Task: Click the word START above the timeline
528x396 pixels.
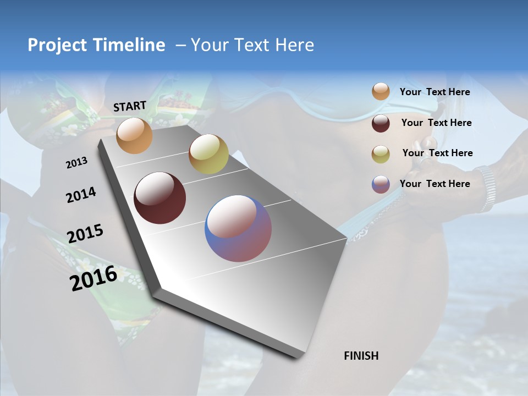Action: coord(130,106)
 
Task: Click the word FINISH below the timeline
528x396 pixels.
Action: coord(361,356)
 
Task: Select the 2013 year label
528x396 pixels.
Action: coord(76,163)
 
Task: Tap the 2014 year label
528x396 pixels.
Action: coord(81,195)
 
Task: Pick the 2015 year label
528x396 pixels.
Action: coord(85,234)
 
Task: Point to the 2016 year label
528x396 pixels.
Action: coord(94,278)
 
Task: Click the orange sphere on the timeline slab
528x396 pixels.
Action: coord(134,135)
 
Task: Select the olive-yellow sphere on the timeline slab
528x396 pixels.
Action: coord(208,154)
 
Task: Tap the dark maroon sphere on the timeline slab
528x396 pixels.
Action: coord(159,198)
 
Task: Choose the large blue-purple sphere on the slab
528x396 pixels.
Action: coord(238,228)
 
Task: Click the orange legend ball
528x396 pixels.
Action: coord(381,92)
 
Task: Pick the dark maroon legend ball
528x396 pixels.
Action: coord(381,123)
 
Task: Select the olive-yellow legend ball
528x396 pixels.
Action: coord(381,153)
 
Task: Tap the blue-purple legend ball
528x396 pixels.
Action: coord(381,184)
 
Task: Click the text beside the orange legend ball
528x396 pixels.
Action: coord(435,92)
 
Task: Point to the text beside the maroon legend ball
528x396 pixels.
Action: coord(436,123)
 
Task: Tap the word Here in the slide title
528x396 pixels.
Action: coord(294,45)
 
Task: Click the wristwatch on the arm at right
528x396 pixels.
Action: coord(486,187)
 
